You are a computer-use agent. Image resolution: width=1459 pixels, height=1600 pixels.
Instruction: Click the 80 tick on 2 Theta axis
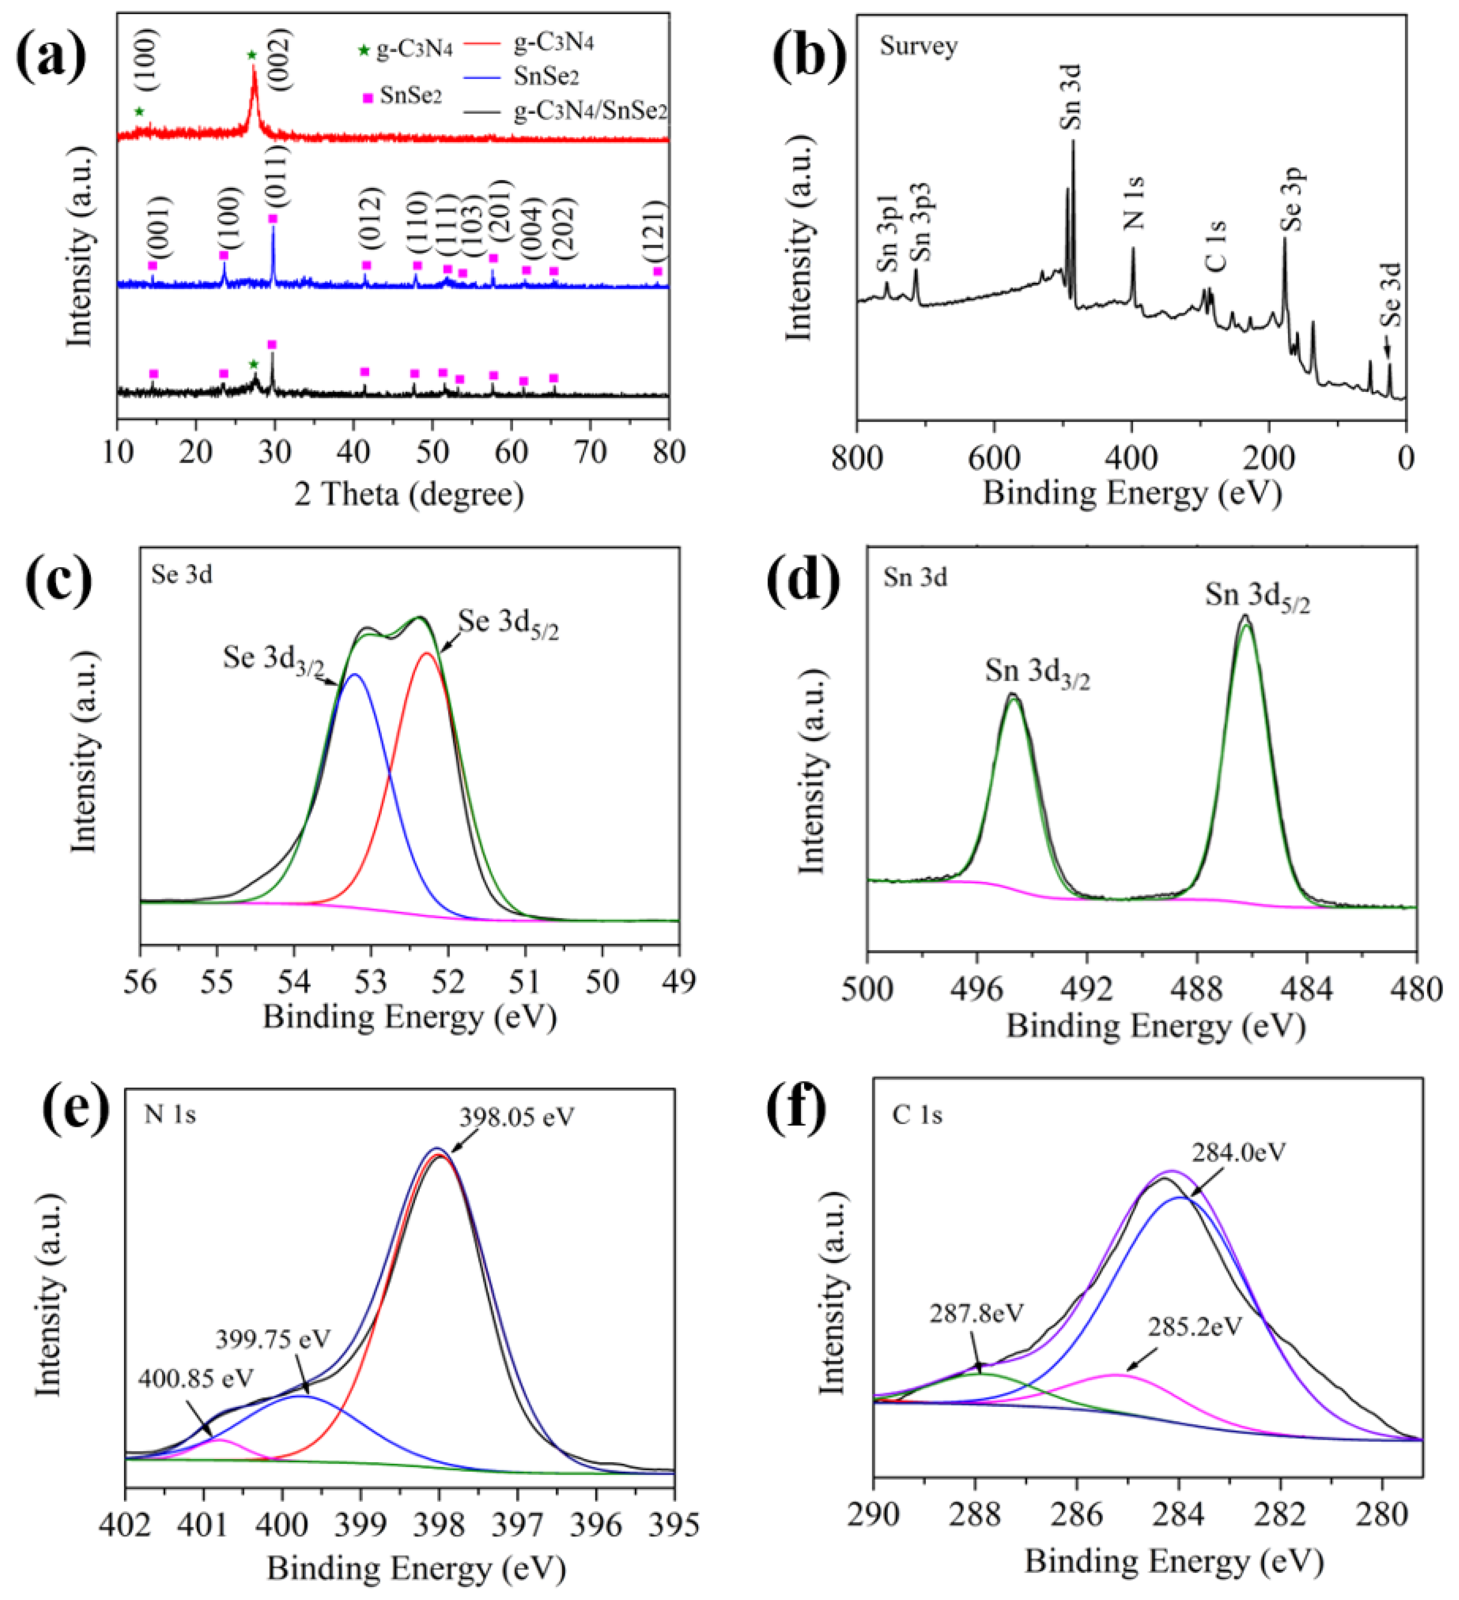point(669,452)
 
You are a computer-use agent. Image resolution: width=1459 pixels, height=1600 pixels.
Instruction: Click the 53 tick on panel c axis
point(371,982)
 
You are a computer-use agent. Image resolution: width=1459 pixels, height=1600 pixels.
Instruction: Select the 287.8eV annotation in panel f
point(977,1313)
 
